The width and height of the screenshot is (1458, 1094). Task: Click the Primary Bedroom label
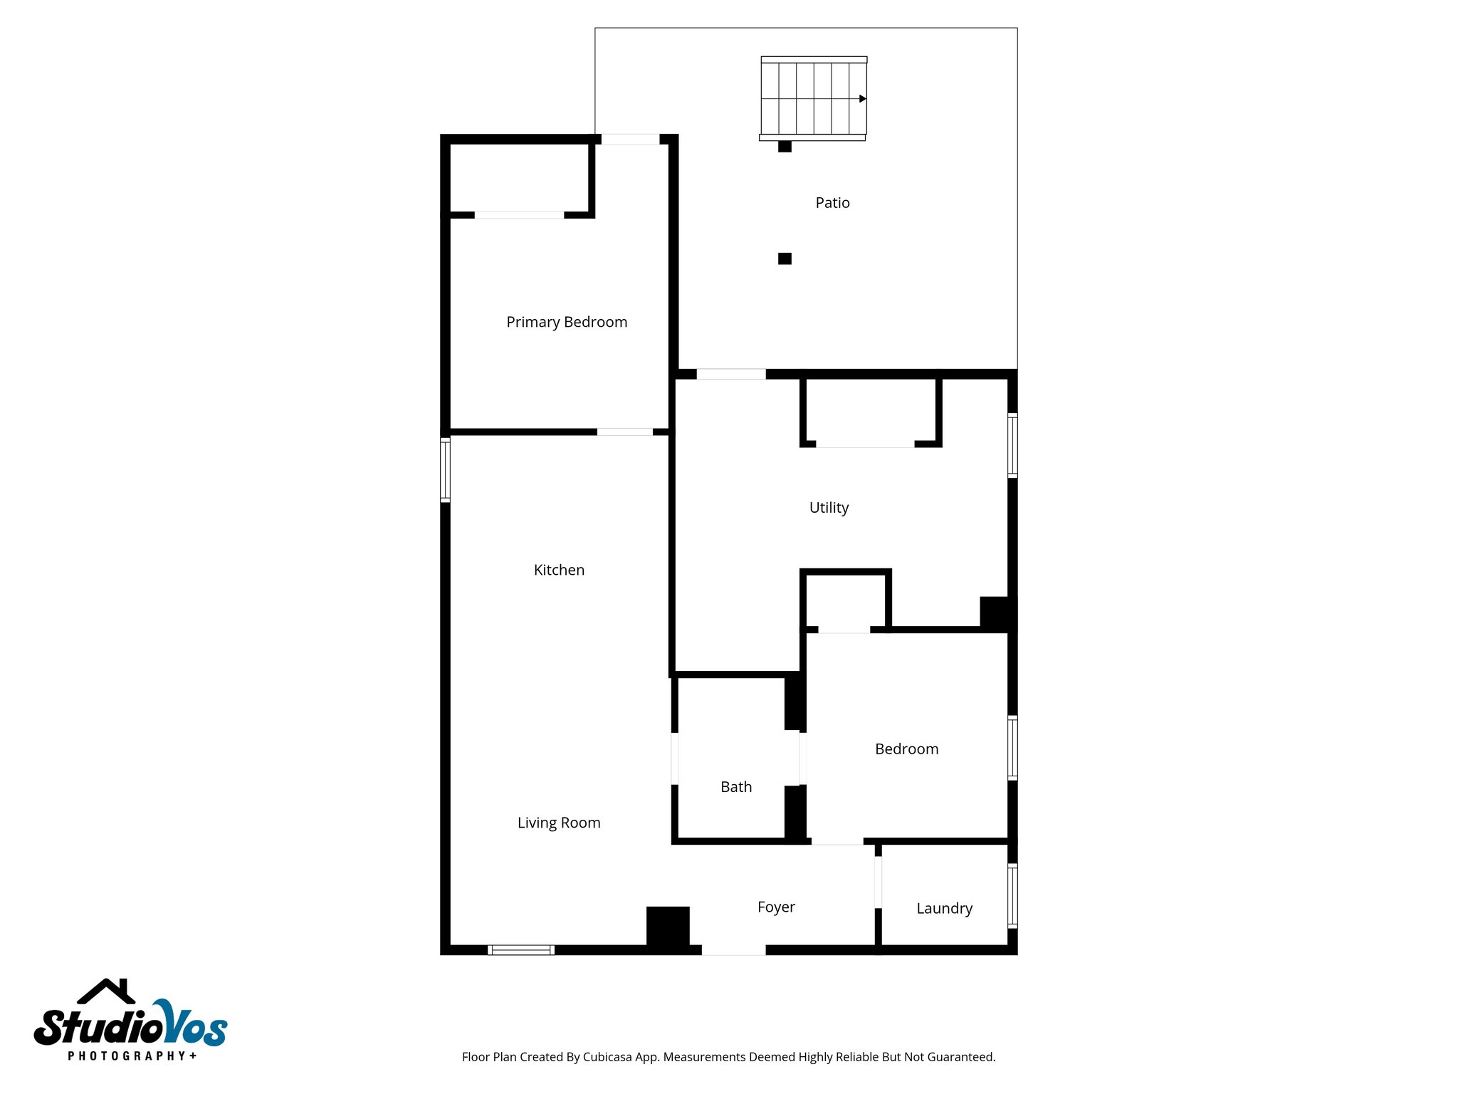(x=567, y=322)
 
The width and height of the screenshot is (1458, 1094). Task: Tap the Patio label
(x=832, y=203)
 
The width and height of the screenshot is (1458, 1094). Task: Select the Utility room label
(x=829, y=508)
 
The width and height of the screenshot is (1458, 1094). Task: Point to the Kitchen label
(x=559, y=570)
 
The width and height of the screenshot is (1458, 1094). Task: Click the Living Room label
(x=559, y=823)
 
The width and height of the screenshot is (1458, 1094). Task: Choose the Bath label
(x=736, y=787)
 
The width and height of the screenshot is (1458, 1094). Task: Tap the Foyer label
(x=776, y=907)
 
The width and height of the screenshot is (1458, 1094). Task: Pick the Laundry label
(x=944, y=909)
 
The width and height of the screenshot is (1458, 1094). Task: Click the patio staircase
(x=813, y=98)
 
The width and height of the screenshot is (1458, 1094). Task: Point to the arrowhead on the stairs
(x=862, y=99)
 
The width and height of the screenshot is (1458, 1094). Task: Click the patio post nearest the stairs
(x=785, y=147)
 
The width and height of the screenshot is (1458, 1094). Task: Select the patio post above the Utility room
(x=785, y=259)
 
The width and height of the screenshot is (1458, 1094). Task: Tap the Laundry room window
(x=1012, y=895)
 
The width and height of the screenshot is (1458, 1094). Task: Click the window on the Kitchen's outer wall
(x=446, y=470)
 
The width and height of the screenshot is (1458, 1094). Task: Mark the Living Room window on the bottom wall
(x=521, y=949)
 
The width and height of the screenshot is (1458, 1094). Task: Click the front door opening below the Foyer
(x=733, y=949)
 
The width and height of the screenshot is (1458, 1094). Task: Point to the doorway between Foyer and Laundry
(x=878, y=882)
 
